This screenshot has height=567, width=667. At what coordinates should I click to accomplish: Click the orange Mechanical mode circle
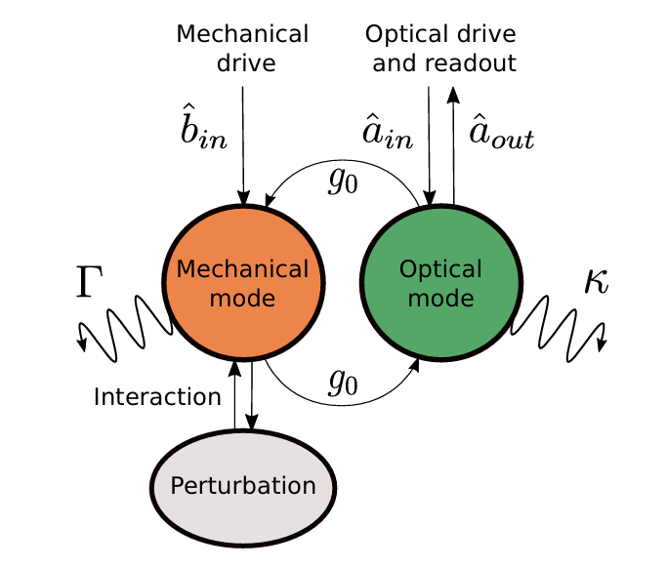(x=243, y=282)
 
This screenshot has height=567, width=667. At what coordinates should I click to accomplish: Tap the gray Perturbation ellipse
(x=243, y=485)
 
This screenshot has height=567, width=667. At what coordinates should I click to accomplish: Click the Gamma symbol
(x=89, y=281)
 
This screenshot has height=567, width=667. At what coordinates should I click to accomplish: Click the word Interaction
(x=158, y=397)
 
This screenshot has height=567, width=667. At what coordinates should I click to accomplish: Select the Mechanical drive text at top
(x=243, y=49)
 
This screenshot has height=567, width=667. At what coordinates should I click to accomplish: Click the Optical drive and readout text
(x=439, y=49)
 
